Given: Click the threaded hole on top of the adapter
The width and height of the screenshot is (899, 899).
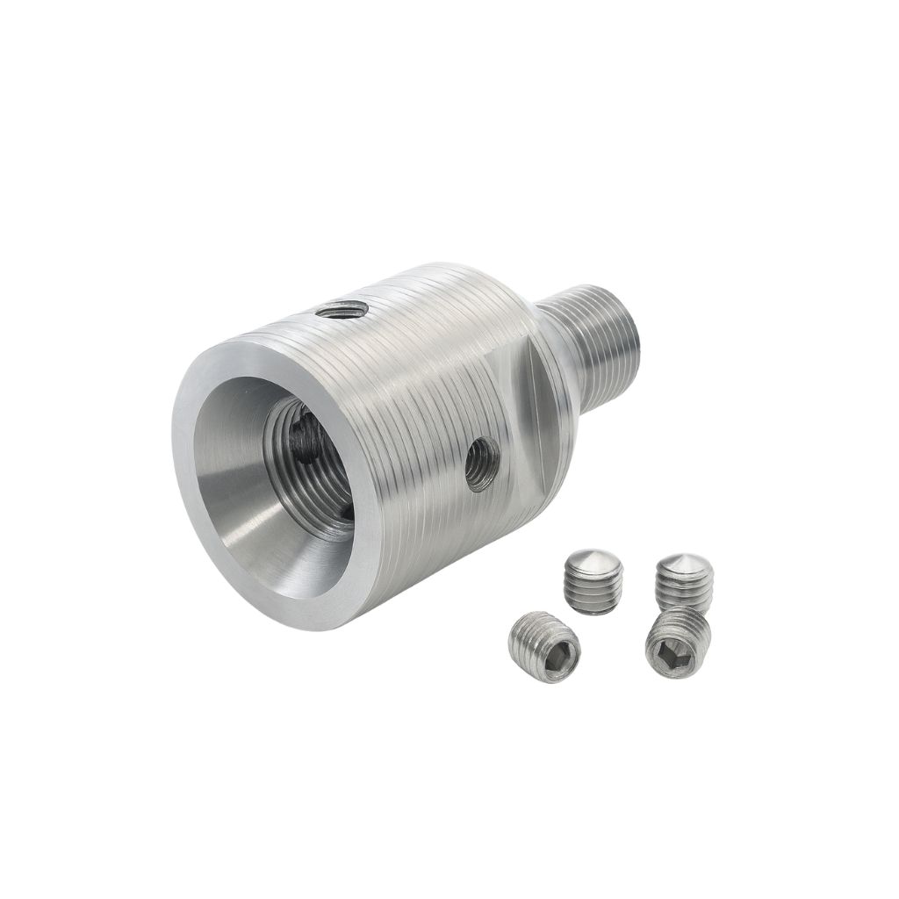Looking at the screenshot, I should tap(342, 308).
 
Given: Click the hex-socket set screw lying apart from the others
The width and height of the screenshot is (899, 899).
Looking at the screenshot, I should tap(544, 647).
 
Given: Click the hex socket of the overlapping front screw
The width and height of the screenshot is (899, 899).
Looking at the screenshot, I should tap(665, 651).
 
